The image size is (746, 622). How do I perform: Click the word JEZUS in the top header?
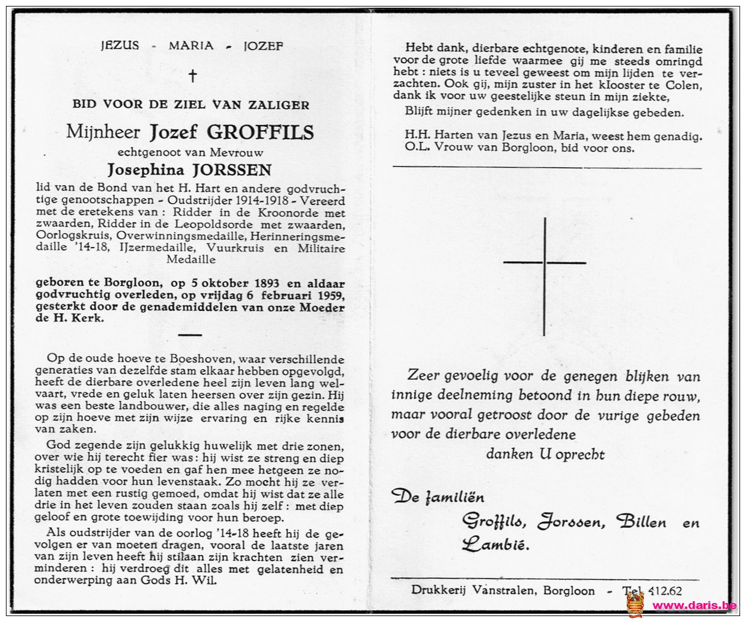pyautogui.click(x=120, y=46)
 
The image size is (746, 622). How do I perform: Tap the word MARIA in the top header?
pyautogui.click(x=191, y=46)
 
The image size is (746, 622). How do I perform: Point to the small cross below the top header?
pyautogui.click(x=191, y=75)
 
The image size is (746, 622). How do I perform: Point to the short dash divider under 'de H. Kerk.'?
pyautogui.click(x=190, y=335)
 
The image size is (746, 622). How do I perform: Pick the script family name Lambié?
pyautogui.click(x=496, y=543)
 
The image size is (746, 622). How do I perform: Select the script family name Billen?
pyautogui.click(x=641, y=522)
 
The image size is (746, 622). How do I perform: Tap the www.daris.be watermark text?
pyautogui.click(x=694, y=605)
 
